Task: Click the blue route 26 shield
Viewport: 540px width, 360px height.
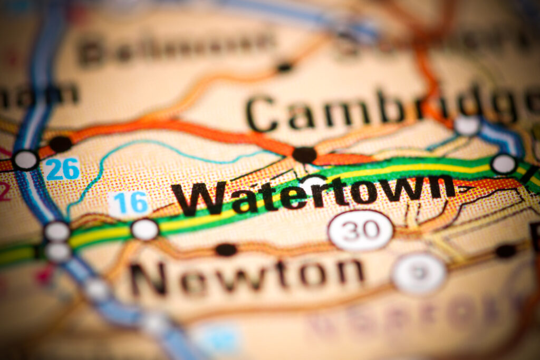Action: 62,169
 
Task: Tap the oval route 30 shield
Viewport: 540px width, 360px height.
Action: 361,230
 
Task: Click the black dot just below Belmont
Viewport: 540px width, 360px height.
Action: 284,67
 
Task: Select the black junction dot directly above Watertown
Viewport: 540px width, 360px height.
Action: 304,154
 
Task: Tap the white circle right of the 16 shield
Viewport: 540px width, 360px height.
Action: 144,229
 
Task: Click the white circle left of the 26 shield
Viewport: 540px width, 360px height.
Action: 25,160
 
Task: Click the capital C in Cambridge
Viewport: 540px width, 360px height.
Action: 262,113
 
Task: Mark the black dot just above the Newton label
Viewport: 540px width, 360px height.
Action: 226,249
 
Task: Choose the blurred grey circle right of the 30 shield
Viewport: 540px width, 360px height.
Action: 419,273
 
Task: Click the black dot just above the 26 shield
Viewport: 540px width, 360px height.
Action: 60,143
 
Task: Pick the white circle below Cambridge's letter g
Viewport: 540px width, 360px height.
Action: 467,125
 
